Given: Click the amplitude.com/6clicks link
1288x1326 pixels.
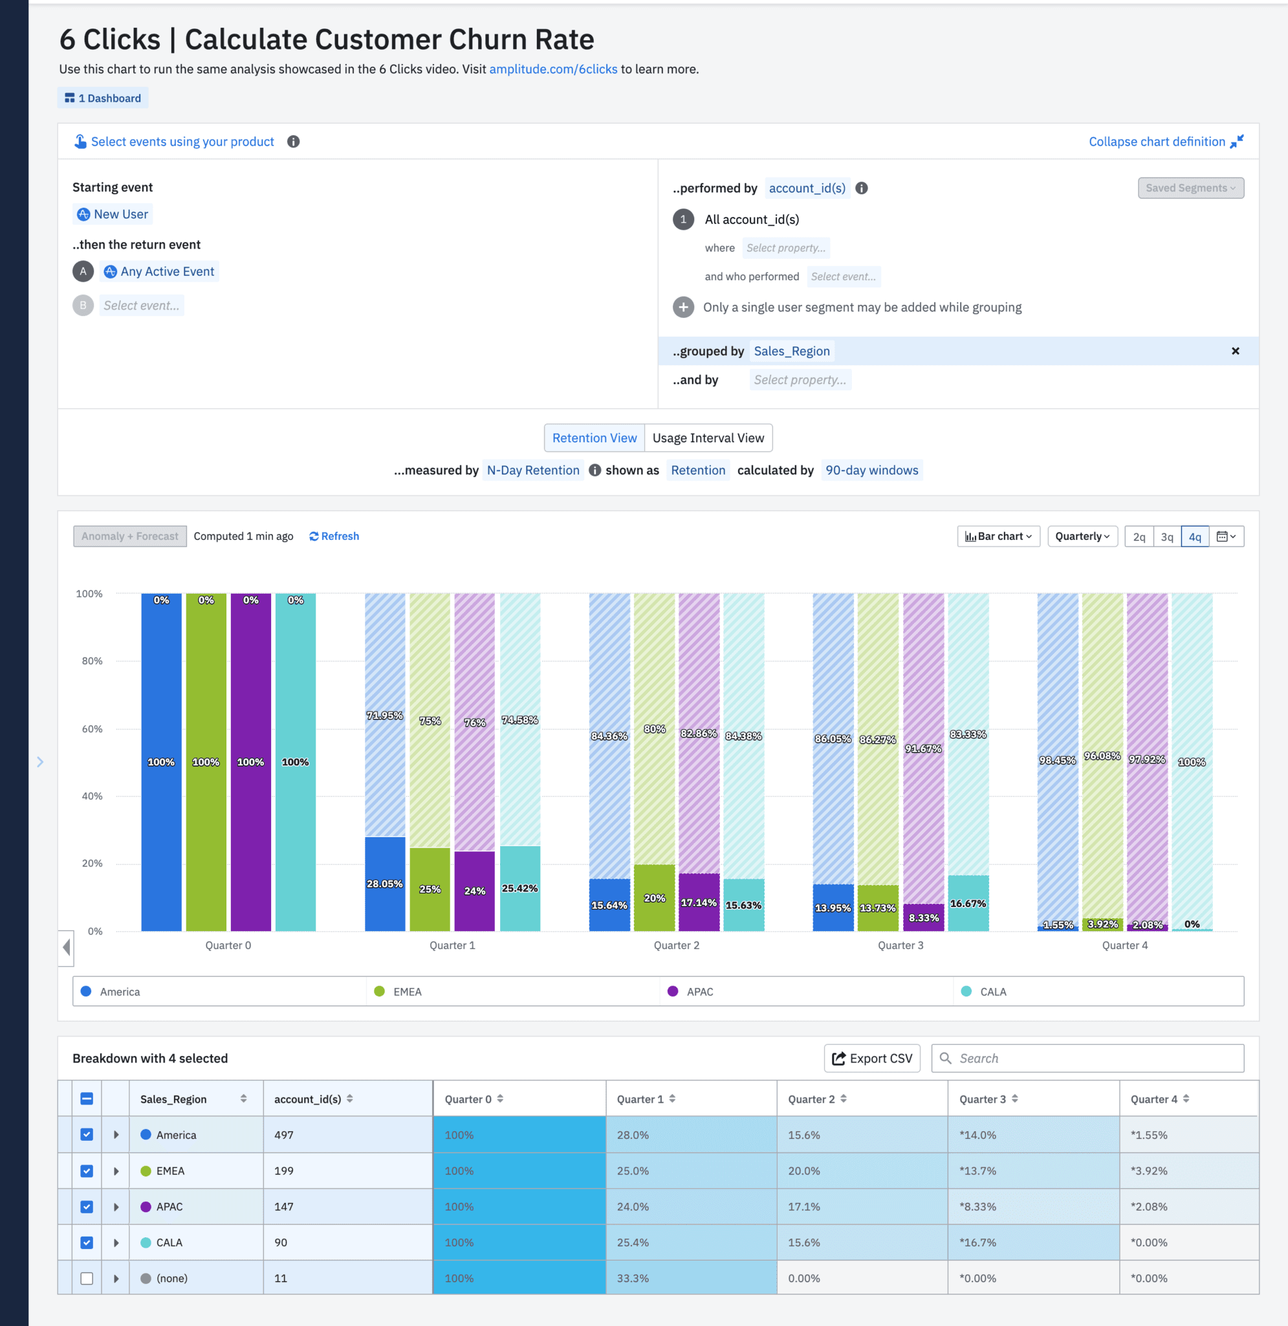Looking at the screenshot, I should [552, 69].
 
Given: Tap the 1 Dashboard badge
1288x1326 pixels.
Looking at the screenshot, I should [103, 98].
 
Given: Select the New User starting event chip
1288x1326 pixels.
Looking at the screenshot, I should [113, 214].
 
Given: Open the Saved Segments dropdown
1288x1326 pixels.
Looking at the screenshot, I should [1190, 188].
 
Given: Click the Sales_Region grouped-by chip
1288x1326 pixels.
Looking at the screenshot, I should [791, 352].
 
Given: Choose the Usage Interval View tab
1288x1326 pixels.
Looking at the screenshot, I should [708, 438].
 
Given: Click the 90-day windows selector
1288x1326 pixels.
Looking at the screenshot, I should [871, 471].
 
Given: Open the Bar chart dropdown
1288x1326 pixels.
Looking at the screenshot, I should [998, 536].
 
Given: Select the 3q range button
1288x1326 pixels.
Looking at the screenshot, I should [1167, 537].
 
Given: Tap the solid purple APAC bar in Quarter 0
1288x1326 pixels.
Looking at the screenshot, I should [250, 761].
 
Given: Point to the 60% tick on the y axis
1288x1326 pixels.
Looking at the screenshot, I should [92, 729].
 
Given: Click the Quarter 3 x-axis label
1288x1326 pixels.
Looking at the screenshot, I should [901, 945].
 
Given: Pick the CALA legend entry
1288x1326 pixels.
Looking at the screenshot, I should [992, 992].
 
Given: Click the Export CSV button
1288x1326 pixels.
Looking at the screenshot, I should [872, 1059].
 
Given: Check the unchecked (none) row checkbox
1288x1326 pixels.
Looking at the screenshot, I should [87, 1279].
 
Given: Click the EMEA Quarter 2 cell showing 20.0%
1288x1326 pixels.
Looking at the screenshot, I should [804, 1171].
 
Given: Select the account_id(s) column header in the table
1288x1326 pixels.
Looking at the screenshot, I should [308, 1099].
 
